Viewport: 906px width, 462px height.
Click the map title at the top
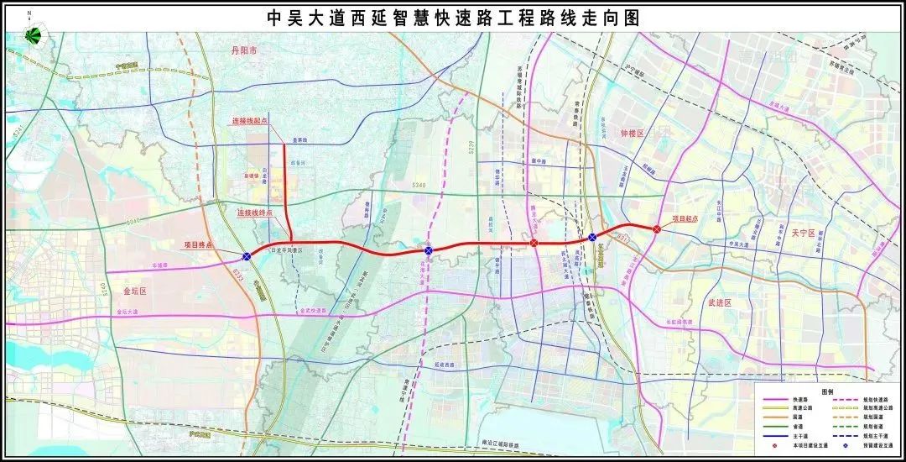point(452,18)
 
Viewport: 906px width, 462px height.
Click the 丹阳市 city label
point(247,51)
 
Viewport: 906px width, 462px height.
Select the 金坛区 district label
point(134,291)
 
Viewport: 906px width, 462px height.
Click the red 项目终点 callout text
point(199,245)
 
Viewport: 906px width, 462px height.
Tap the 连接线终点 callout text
point(254,213)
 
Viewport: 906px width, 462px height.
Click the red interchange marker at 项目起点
point(656,228)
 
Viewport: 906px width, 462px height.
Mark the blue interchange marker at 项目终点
point(247,257)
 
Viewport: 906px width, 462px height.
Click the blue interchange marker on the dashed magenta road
point(429,250)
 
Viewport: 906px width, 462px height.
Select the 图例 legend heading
point(827,392)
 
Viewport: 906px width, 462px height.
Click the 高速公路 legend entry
point(802,407)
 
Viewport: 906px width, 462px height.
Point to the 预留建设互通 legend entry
point(876,445)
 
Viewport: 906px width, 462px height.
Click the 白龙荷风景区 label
point(286,250)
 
